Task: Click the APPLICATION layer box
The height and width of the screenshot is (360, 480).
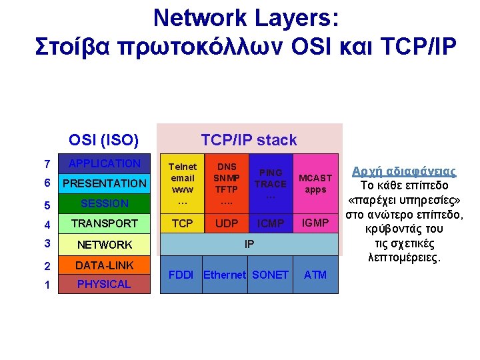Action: tap(104, 163)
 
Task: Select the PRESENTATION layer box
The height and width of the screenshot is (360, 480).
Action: tap(104, 183)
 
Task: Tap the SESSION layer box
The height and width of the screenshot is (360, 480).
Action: tap(104, 203)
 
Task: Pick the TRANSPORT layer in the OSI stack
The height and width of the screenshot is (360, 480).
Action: tap(104, 223)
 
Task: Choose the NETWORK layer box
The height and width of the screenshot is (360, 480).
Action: tap(104, 245)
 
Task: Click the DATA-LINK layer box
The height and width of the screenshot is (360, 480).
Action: tap(104, 265)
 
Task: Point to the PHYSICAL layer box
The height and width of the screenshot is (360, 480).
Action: tap(104, 284)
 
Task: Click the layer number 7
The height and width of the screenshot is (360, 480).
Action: tap(46, 164)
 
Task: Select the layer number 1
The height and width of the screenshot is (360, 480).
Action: tap(46, 284)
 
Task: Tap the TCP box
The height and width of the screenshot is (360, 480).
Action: tap(182, 223)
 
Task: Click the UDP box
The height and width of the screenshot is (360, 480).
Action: tap(227, 223)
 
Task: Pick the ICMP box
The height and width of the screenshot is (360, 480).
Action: tap(271, 223)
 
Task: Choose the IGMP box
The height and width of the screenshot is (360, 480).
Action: tap(315, 223)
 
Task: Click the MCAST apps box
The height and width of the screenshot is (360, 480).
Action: tap(315, 183)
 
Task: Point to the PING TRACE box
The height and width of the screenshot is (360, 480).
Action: tap(271, 183)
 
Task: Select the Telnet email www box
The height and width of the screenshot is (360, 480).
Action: tap(182, 183)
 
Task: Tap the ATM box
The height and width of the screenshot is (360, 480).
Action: tap(315, 274)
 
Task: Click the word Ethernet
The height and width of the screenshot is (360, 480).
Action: tap(225, 275)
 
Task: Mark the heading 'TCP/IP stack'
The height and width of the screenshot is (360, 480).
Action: tap(249, 140)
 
